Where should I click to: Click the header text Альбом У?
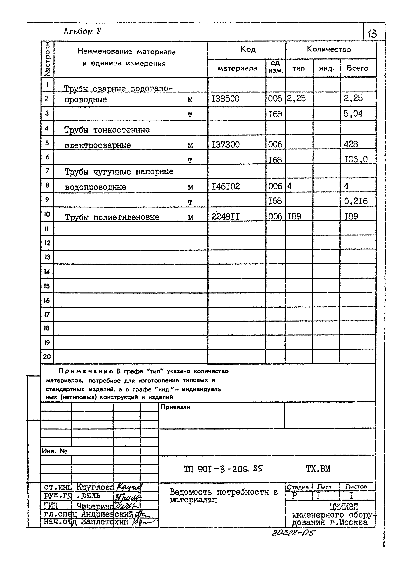[x=82, y=31]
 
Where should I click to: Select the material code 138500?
[x=225, y=99]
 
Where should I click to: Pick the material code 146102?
[x=226, y=186]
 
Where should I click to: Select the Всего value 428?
[x=351, y=144]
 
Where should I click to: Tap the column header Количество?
[x=329, y=49]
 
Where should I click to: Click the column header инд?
[x=326, y=68]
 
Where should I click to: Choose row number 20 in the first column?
[x=47, y=357]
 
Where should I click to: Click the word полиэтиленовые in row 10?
[x=126, y=217]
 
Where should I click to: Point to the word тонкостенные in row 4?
[x=121, y=130]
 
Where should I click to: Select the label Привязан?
[x=175, y=407]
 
